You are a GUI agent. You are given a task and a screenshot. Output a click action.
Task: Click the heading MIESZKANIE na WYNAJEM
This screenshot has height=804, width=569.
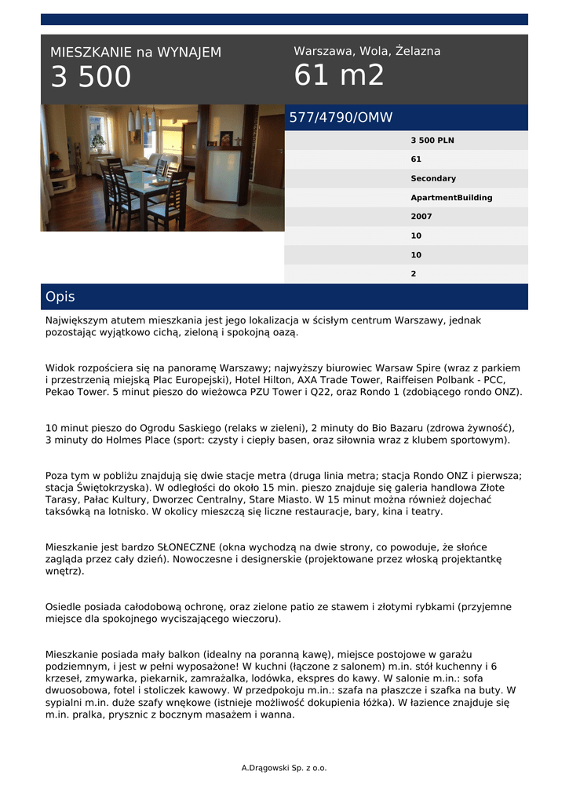click(136, 53)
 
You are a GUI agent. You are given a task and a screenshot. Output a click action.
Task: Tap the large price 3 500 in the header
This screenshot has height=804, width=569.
click(91, 78)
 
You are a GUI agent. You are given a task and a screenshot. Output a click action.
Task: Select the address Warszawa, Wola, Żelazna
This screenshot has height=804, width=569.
click(367, 51)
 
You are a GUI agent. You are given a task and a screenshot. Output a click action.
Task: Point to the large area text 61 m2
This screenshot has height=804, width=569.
click(339, 75)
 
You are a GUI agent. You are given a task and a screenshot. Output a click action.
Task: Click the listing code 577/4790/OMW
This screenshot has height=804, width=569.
click(341, 118)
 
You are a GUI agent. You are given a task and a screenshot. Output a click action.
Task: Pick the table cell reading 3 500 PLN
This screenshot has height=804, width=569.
click(432, 141)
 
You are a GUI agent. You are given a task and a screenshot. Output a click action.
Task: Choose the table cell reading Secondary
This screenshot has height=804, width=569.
click(433, 178)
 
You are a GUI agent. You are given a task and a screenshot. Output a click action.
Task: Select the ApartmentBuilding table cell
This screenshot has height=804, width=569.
click(451, 198)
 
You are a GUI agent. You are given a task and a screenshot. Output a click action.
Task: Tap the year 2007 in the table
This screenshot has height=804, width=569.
click(421, 217)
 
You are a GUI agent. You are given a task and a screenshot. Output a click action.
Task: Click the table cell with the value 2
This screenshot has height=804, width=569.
click(414, 274)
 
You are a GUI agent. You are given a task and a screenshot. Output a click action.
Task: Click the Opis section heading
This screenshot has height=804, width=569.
click(60, 297)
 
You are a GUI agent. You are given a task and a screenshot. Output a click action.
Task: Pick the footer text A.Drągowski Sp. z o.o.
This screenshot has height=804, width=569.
click(284, 768)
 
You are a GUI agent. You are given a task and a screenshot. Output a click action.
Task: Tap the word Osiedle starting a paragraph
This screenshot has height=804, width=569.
click(64, 607)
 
